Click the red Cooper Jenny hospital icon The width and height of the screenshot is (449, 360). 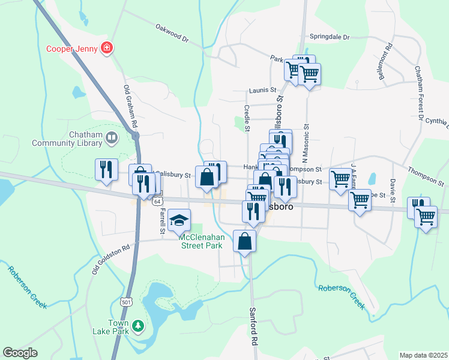[x=107, y=47]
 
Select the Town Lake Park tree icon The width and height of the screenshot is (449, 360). [x=139, y=325]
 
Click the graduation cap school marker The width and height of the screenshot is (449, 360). [x=179, y=220]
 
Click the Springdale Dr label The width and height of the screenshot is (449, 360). [x=330, y=37]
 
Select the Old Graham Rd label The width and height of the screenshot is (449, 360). [x=131, y=106]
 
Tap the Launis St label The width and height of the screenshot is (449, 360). [x=262, y=91]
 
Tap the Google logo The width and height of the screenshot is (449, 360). [x=20, y=352]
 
